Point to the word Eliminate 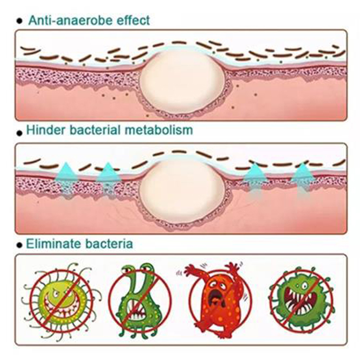click(50, 244)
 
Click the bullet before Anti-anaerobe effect click(18, 21)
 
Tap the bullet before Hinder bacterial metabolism click(18, 132)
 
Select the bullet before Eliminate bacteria click(18, 246)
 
